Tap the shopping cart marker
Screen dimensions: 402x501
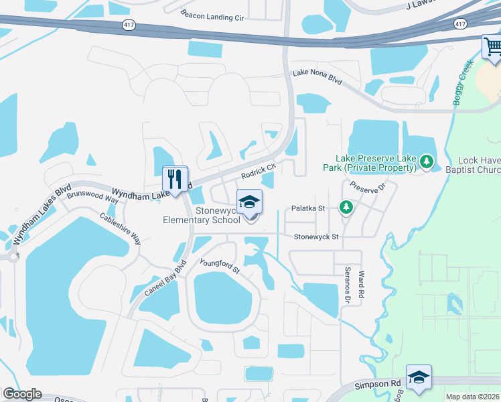click(492, 48)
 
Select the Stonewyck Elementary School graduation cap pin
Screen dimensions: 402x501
click(250, 202)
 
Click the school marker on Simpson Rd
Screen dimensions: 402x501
click(419, 378)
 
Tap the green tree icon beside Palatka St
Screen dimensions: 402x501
click(346, 208)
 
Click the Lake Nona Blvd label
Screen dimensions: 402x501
click(317, 77)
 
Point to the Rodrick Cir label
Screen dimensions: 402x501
click(259, 172)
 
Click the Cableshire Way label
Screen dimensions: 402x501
click(121, 228)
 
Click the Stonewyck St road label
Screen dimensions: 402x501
click(317, 237)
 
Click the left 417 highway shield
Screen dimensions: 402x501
click(129, 24)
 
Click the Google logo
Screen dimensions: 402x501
click(23, 394)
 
